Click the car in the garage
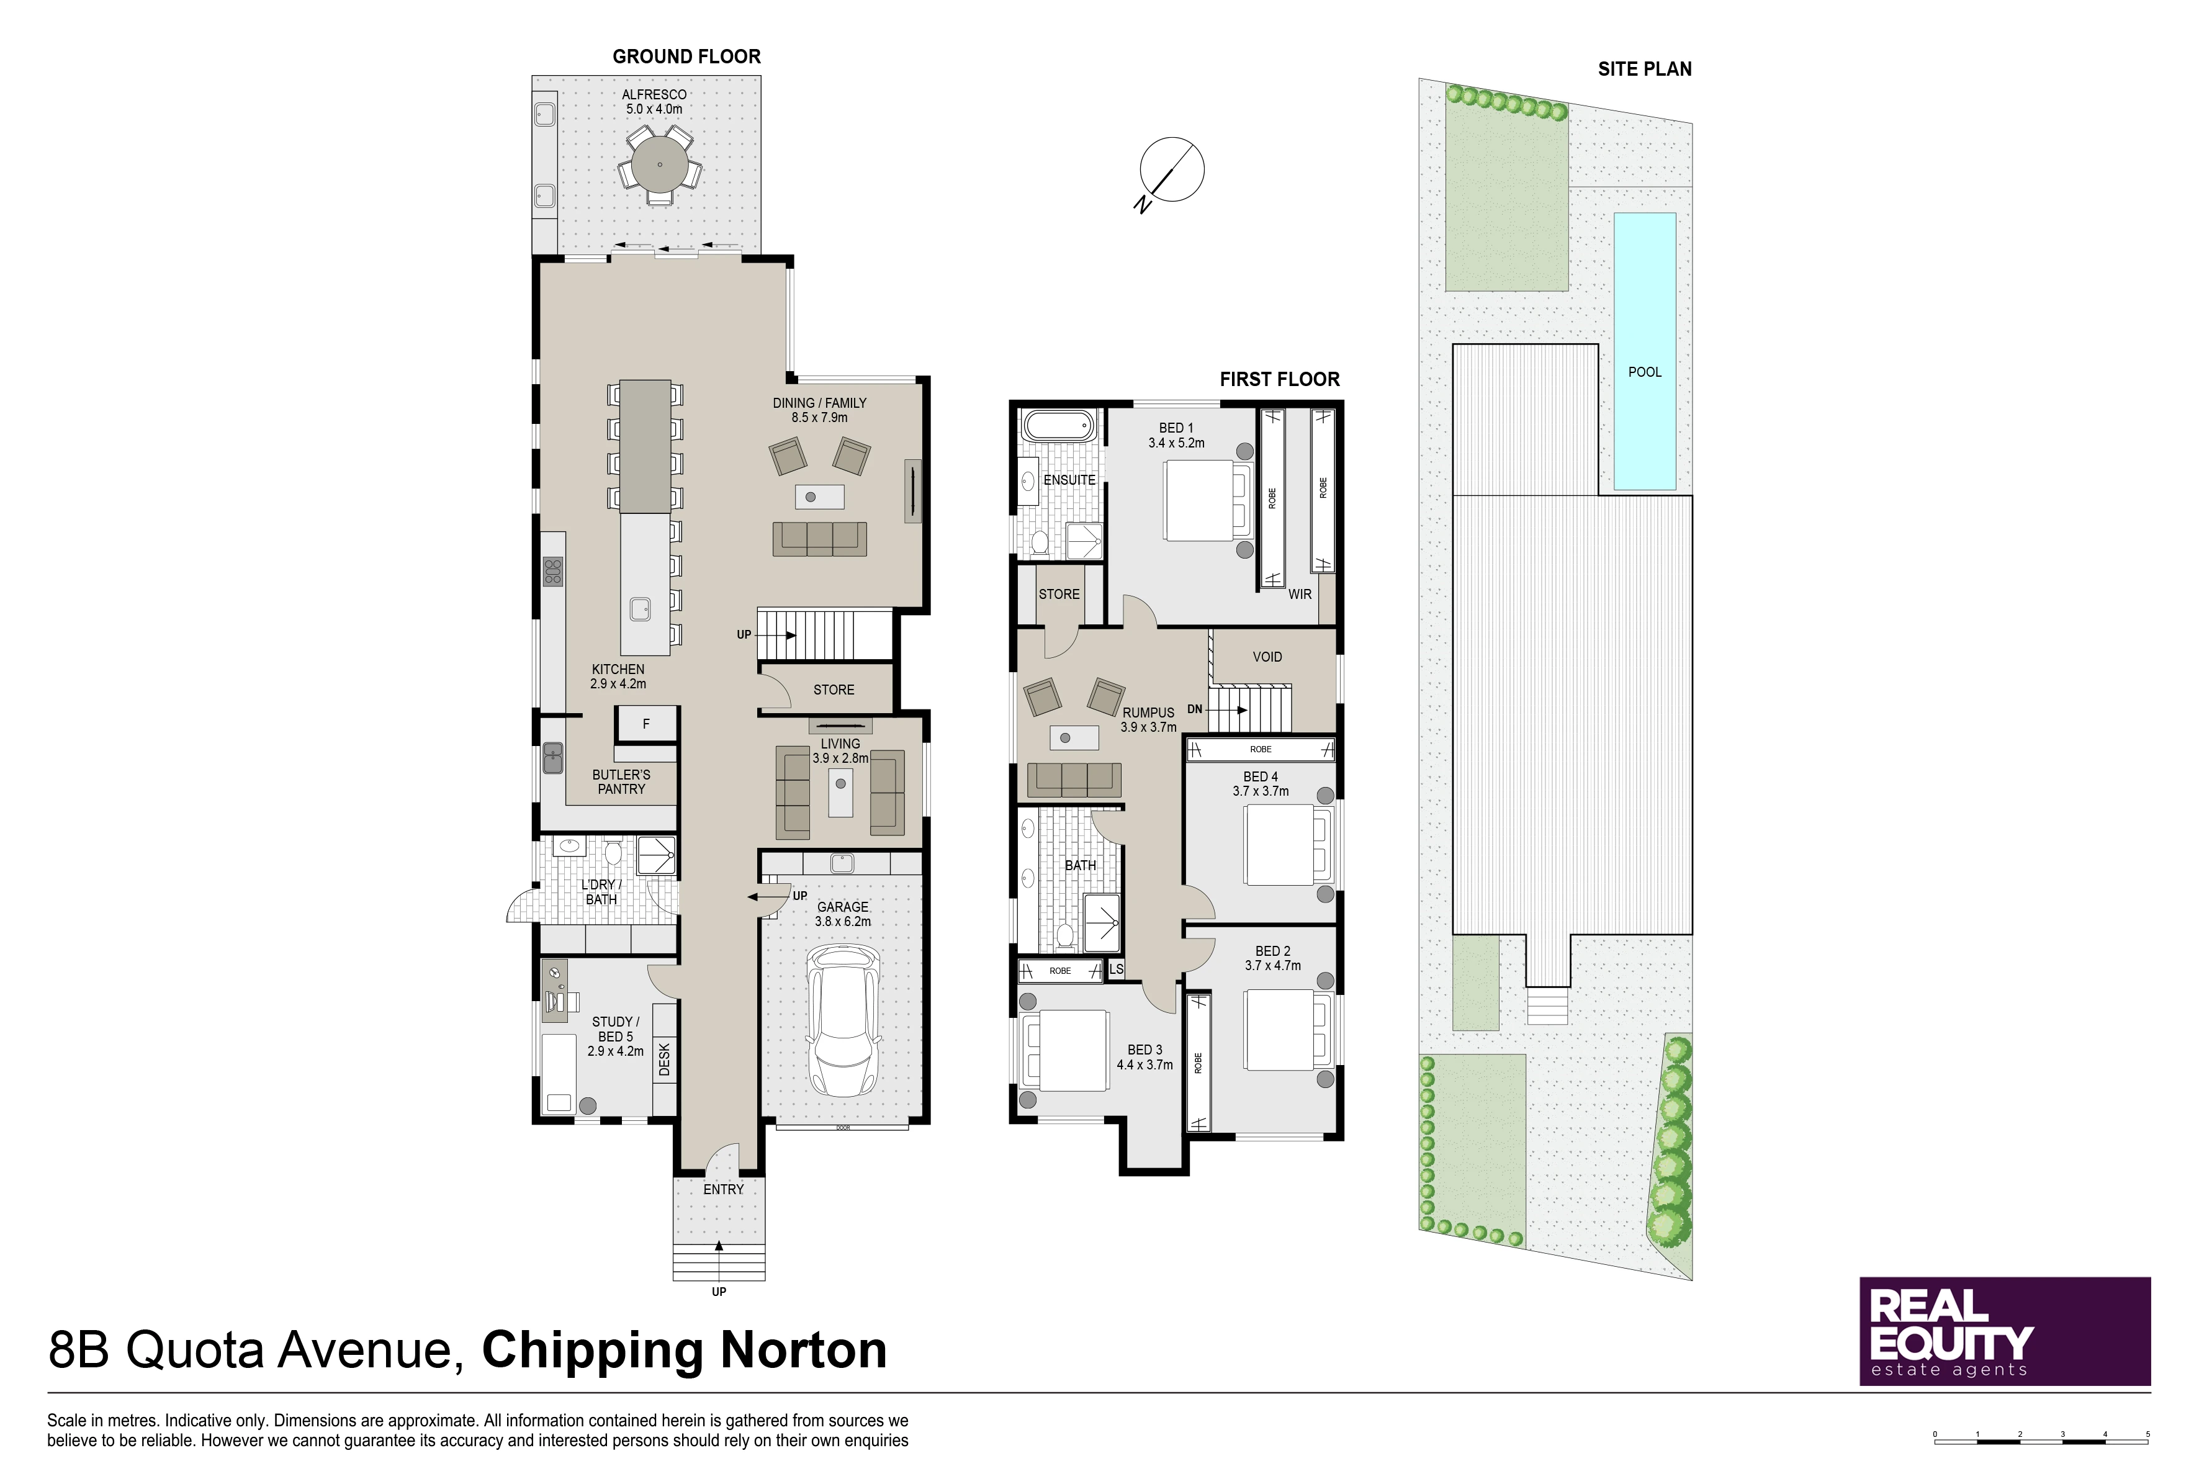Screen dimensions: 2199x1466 pos(844,1021)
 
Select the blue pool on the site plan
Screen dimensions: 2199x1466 pos(1645,351)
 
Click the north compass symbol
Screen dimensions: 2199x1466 pos(1171,173)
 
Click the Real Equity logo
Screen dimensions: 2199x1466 pos(2005,1331)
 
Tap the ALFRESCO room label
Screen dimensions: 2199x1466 pos(654,94)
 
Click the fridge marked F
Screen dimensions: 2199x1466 pos(646,724)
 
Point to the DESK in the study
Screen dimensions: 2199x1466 pos(665,1059)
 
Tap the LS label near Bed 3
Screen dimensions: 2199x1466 pos(1117,969)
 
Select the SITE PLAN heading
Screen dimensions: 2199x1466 pos(1645,69)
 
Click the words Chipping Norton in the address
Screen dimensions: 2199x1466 pos(685,1350)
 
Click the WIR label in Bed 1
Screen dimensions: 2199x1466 pos(1300,595)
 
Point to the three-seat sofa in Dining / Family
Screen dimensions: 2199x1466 pos(820,539)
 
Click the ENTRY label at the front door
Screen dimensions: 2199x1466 pos(724,1189)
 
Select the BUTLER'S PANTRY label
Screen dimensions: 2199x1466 pos(622,781)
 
